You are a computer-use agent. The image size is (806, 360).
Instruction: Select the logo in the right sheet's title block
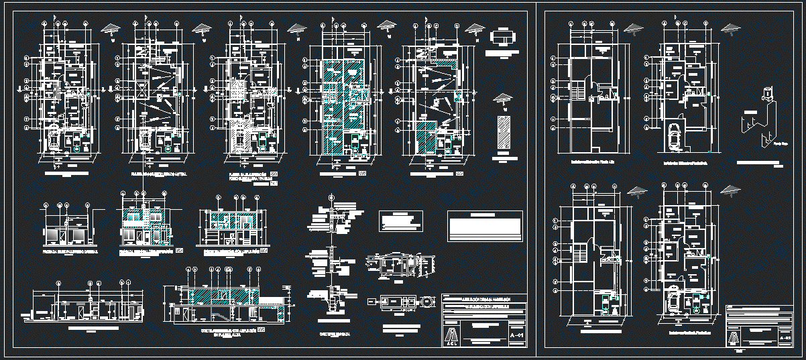point(736,338)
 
